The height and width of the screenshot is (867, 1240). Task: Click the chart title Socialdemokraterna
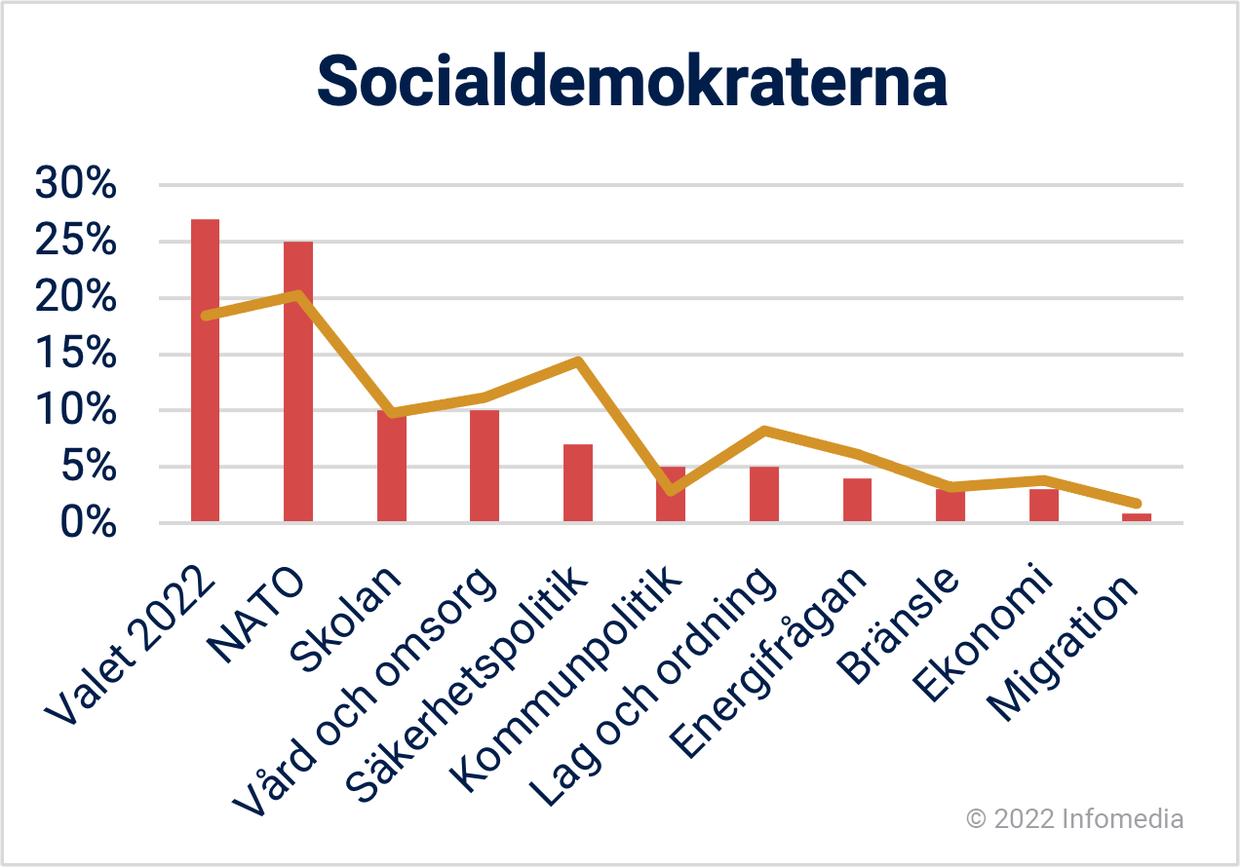click(632, 81)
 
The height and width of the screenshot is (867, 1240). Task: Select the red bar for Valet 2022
click(206, 370)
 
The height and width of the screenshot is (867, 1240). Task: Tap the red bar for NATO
click(298, 381)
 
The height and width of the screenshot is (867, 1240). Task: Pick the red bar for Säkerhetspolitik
click(578, 482)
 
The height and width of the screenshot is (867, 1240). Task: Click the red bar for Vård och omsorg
click(484, 466)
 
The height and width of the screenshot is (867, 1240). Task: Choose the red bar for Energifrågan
click(858, 500)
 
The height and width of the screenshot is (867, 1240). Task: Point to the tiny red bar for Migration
click(1137, 517)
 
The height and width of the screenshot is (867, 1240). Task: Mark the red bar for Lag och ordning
click(764, 494)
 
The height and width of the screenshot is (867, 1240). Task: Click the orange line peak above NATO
click(298, 295)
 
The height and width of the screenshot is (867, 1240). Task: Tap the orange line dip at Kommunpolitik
click(671, 490)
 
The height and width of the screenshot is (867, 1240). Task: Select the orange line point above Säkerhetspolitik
click(578, 361)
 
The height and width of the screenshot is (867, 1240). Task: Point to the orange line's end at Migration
click(1137, 503)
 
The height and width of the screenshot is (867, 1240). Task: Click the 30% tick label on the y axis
click(76, 182)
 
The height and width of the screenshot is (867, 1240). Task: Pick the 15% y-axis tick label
click(76, 353)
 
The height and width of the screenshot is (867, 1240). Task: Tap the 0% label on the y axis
click(89, 521)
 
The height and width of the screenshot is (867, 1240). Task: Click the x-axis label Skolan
click(345, 620)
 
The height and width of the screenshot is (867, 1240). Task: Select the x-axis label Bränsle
click(898, 626)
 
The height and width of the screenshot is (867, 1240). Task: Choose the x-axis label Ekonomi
click(982, 632)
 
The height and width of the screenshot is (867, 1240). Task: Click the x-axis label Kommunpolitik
click(565, 678)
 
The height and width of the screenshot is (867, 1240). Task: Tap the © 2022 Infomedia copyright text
click(1074, 818)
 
